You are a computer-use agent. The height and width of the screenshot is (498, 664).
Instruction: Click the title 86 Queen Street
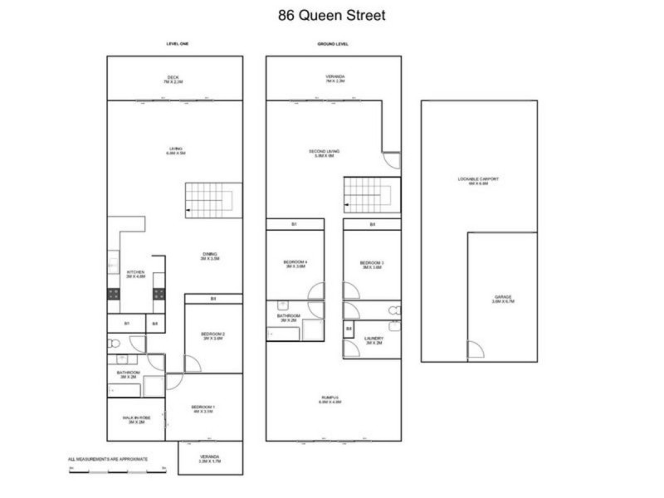click(332, 15)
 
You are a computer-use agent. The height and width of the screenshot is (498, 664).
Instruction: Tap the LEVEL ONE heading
click(174, 44)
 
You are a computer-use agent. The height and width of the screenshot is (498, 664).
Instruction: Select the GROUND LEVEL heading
click(333, 44)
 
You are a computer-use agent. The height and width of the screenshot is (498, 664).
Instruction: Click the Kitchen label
click(135, 274)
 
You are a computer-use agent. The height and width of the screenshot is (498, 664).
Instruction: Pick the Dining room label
click(209, 256)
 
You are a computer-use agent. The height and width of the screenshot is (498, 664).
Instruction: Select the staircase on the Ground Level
click(367, 198)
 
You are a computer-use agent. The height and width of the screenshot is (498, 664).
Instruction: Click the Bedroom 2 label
click(214, 336)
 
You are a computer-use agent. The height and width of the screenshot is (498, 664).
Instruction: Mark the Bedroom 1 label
click(203, 408)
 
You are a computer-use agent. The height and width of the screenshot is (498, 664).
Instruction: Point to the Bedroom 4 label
click(296, 265)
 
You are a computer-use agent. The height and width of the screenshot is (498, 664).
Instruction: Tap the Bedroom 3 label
click(372, 265)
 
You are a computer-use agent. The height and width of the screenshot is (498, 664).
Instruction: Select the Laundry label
click(373, 340)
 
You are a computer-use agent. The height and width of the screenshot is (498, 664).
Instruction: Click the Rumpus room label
click(330, 400)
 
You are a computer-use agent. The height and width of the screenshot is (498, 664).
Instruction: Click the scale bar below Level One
click(118, 471)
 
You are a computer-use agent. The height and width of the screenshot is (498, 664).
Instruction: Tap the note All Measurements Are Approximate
click(108, 459)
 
